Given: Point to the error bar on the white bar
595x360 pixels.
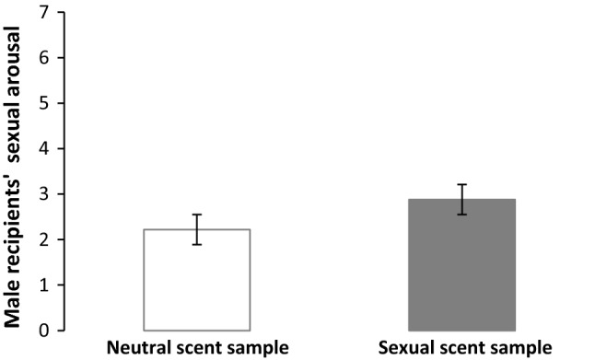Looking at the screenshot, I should (197, 228).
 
